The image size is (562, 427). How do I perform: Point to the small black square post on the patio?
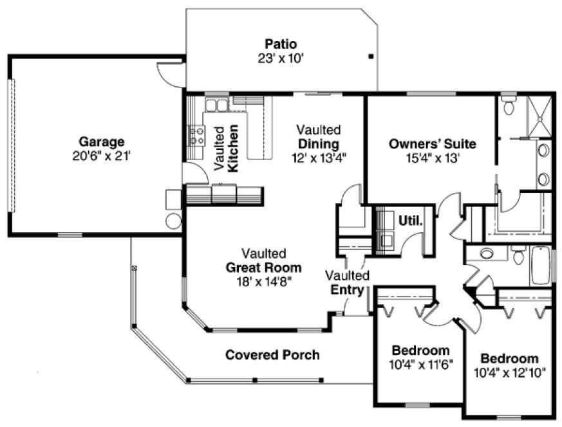coord(371,57)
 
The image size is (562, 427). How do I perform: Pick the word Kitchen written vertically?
coord(234,148)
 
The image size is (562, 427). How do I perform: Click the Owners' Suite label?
coord(432,143)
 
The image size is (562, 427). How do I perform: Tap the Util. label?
coord(411,221)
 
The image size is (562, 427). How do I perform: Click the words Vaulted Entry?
coord(347,282)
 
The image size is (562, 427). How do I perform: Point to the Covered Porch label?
coord(272,355)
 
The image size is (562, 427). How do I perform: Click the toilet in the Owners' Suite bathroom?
coord(509,106)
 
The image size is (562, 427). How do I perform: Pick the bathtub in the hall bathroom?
coord(540,266)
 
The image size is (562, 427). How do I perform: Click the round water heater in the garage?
coord(173,221)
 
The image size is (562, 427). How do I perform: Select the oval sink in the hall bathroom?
coord(487,253)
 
